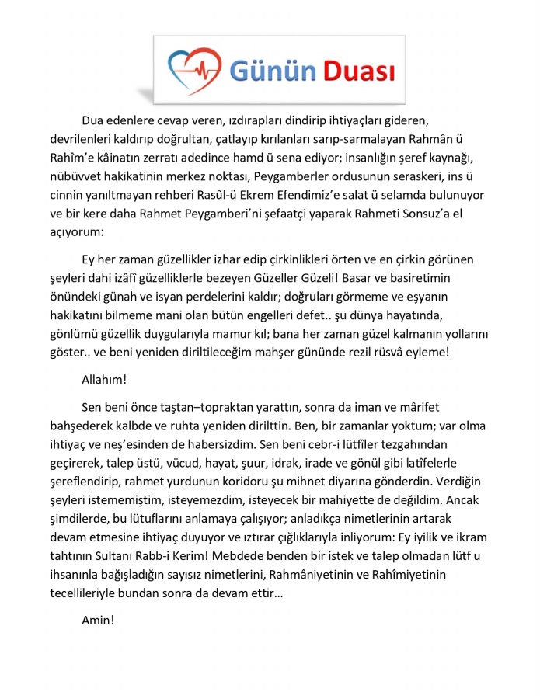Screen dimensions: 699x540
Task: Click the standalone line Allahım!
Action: coord(105,381)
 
